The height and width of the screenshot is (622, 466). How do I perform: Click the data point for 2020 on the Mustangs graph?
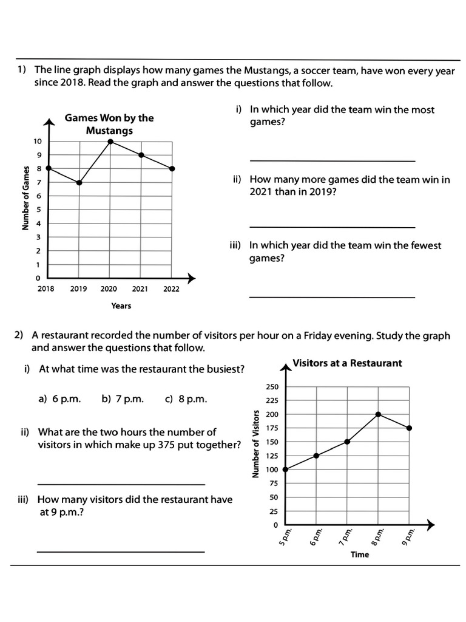tap(110, 142)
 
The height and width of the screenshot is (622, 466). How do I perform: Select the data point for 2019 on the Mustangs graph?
tap(79, 182)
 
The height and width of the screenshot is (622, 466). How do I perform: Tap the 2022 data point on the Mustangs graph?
tap(172, 169)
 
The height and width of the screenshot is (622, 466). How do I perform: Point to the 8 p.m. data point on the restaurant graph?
tap(378, 414)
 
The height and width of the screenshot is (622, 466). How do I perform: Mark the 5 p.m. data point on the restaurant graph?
tap(286, 469)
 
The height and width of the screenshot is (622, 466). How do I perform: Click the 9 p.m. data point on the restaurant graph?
tap(409, 428)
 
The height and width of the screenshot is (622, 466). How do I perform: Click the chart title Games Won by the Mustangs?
tap(109, 124)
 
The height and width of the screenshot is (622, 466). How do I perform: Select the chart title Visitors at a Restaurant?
tap(347, 363)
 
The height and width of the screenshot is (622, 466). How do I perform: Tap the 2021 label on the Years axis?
tap(140, 289)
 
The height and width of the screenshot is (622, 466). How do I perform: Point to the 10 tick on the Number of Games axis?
tap(38, 142)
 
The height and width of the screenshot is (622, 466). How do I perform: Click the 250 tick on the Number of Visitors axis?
tap(272, 387)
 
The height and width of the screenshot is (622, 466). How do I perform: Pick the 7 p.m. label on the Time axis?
tap(346, 535)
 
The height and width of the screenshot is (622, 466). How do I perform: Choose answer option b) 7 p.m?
tap(123, 399)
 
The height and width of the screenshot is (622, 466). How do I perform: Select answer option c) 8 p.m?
tap(186, 399)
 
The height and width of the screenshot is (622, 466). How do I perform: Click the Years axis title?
tap(121, 306)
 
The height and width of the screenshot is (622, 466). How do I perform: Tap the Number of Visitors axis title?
tap(255, 443)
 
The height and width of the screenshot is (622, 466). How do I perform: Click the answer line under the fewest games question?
tap(332, 297)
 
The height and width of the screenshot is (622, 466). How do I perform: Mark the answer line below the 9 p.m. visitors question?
tap(121, 552)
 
